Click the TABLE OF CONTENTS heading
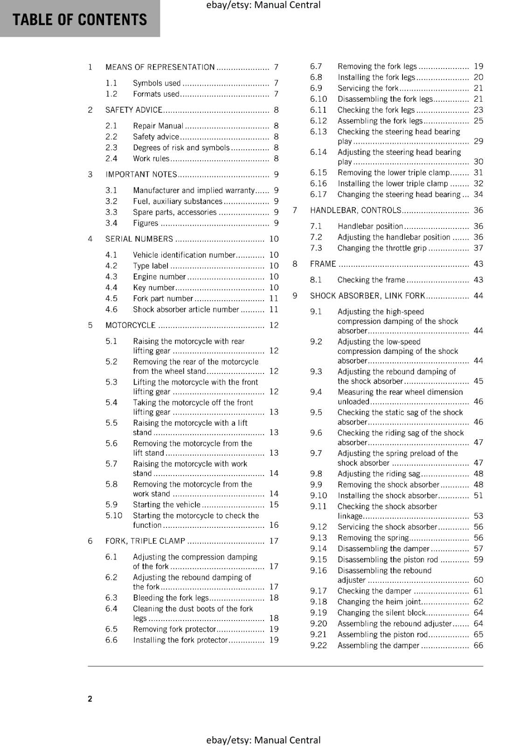[80, 20]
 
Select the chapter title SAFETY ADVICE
[134, 110]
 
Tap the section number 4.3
[111, 277]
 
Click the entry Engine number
[159, 277]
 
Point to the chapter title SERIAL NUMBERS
[139, 239]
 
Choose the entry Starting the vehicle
[166, 505]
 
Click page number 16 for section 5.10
[274, 525]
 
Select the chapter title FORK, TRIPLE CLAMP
[145, 541]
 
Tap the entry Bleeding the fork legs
[171, 598]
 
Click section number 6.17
[319, 195]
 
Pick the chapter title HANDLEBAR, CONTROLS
[355, 211]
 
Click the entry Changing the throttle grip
[382, 249]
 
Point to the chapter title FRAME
[323, 264]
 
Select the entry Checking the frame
[371, 280]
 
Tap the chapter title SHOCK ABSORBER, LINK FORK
[368, 296]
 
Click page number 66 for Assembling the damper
[478, 646]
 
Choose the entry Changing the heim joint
[379, 602]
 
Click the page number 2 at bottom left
[90, 699]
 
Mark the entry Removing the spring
[373, 538]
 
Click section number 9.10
[319, 496]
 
